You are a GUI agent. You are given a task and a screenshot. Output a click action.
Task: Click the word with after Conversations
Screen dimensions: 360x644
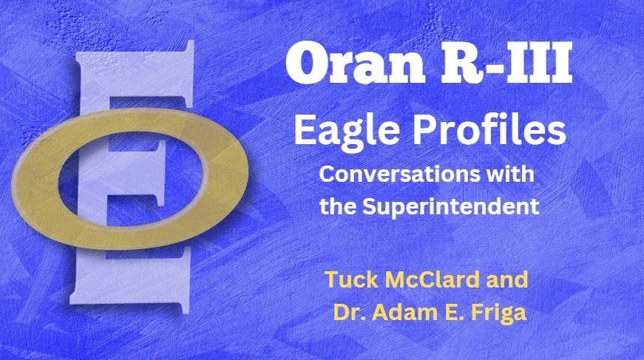click(509, 177)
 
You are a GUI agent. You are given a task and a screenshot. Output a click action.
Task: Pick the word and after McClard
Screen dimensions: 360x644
click(511, 281)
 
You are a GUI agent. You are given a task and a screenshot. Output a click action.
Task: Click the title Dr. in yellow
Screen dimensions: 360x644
click(348, 311)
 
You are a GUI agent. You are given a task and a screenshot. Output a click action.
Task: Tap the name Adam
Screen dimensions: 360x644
click(400, 311)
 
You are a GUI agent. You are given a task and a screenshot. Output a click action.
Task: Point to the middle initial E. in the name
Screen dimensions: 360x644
click(447, 311)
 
